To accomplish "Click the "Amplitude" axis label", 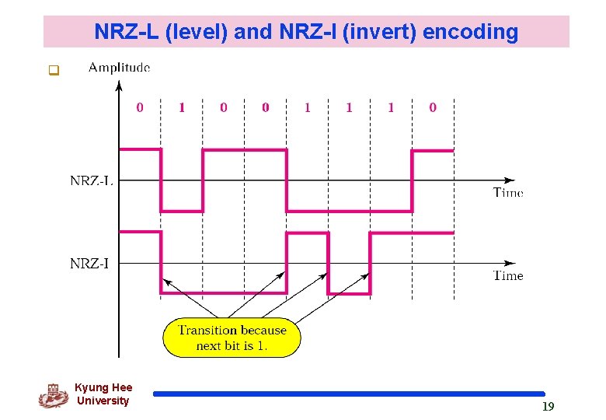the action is click(119, 68).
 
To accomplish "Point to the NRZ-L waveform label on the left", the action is click(91, 180).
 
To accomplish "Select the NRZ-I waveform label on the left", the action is click(89, 264).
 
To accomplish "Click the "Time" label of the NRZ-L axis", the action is click(508, 192).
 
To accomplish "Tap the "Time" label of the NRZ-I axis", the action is click(508, 275).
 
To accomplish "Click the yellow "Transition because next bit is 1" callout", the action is click(231, 338).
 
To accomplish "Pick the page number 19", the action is click(548, 406).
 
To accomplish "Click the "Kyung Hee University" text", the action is click(103, 394).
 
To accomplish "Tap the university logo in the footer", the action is click(53, 395).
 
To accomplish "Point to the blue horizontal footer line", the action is click(349, 394).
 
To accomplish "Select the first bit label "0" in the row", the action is click(140, 107).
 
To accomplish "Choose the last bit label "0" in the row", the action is click(433, 107).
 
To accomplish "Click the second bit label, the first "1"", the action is click(182, 107).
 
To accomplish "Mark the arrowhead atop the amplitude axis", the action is click(119, 88).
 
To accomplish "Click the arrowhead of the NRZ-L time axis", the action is click(514, 180).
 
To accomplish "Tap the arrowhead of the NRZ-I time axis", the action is click(514, 263).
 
